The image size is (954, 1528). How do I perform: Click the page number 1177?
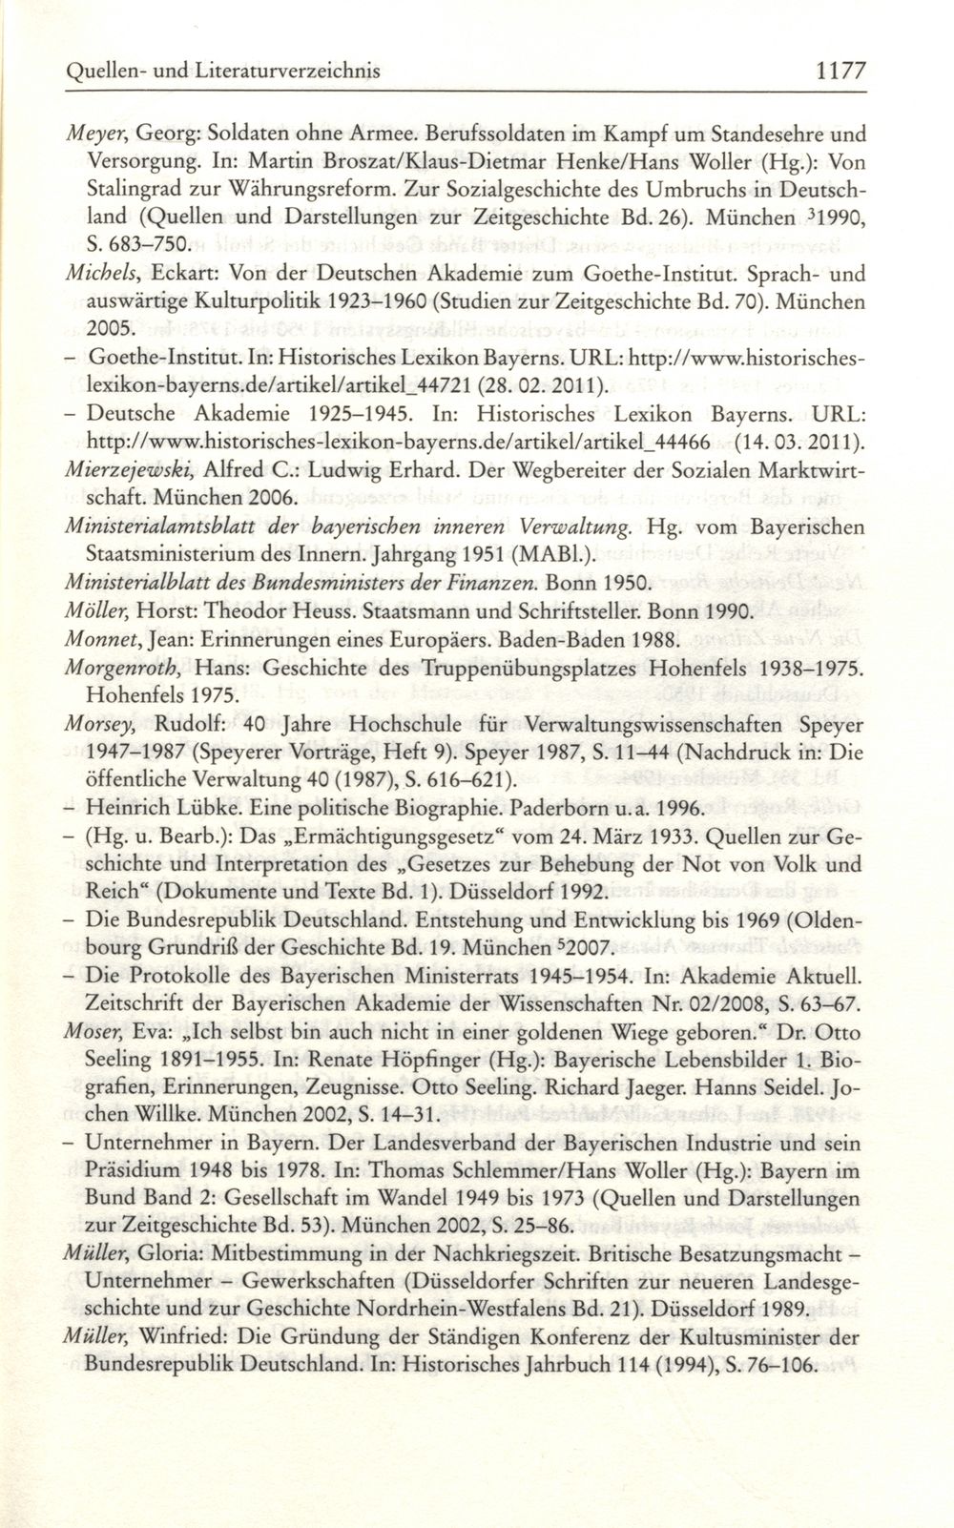coord(835,71)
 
